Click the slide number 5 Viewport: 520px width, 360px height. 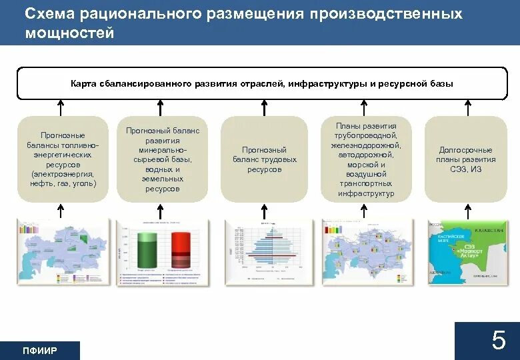[499, 341]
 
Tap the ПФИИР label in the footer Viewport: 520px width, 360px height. [40, 351]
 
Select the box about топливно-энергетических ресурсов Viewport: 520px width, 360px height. [61, 159]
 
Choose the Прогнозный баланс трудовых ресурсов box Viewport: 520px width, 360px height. [264, 159]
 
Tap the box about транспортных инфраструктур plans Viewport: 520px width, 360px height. [365, 159]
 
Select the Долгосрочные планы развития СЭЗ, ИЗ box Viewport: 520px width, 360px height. [465, 159]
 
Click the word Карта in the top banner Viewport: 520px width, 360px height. [85, 84]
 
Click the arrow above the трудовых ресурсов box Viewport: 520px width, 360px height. [264, 107]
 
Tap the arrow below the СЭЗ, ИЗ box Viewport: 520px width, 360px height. [467, 211]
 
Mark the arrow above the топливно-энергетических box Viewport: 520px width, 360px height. [61, 107]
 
